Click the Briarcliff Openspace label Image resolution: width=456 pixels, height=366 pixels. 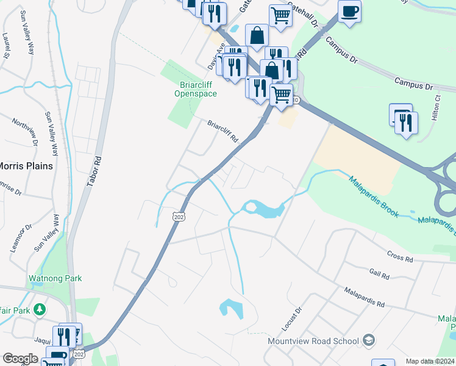coord(194,90)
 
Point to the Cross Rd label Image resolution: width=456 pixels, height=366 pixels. coord(400,256)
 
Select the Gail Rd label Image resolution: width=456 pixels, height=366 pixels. coord(379,273)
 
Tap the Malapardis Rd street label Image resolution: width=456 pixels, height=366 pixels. coord(363,297)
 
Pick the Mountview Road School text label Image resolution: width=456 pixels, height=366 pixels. coord(313,340)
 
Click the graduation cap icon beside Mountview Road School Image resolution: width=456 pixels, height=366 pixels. coord(368,340)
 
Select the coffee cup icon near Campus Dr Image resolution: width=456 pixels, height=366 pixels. coord(349,12)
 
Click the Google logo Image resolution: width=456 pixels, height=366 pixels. coord(20,359)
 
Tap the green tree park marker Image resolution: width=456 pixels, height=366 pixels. coord(40,309)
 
